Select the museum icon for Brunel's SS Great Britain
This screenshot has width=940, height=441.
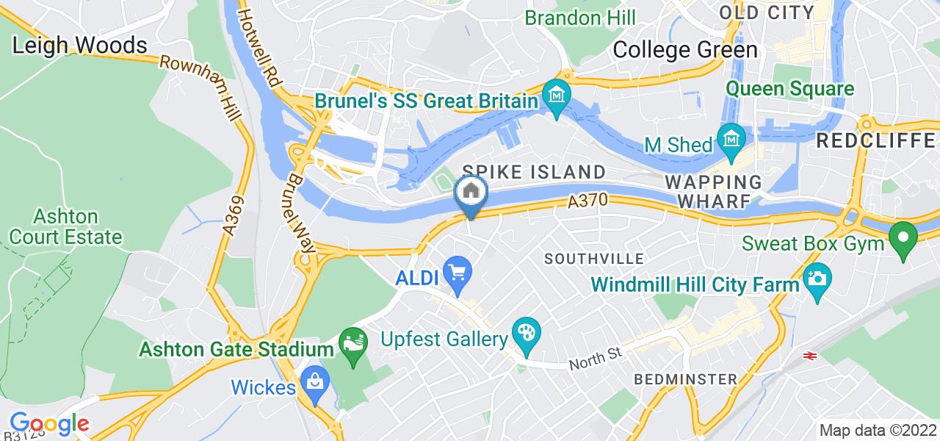coord(557,96)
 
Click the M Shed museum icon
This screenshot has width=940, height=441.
coord(732,137)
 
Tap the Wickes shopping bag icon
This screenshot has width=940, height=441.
coord(315,381)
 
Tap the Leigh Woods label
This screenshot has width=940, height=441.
coord(80,46)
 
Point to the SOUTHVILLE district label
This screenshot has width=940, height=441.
coord(594,259)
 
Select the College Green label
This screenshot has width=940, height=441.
coord(684,49)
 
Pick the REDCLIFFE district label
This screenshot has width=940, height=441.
coord(877,140)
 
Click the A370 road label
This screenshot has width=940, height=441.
coord(585,200)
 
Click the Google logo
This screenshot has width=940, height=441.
coord(49,423)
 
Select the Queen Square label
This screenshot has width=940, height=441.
coord(790,90)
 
